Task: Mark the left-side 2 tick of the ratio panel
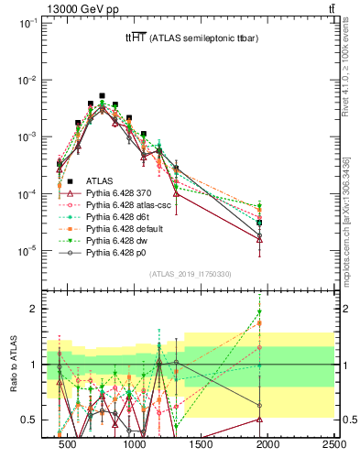point(34,309)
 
